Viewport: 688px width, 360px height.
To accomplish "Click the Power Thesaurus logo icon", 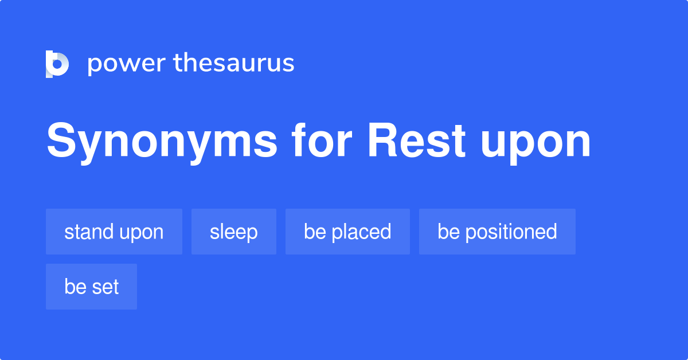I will (x=57, y=64).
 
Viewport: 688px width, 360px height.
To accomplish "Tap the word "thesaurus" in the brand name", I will (x=234, y=64).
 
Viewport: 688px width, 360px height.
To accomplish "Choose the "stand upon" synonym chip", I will (x=114, y=232).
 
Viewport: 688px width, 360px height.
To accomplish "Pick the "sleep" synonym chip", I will (x=234, y=232).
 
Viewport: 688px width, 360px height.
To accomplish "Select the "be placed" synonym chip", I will (x=347, y=232).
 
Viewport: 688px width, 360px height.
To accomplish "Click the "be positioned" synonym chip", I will (x=497, y=232).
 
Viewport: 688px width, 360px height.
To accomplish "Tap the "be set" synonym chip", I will (x=91, y=287).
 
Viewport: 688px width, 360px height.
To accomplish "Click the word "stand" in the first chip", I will (x=89, y=232).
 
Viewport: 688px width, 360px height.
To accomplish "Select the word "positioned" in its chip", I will (x=511, y=232).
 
